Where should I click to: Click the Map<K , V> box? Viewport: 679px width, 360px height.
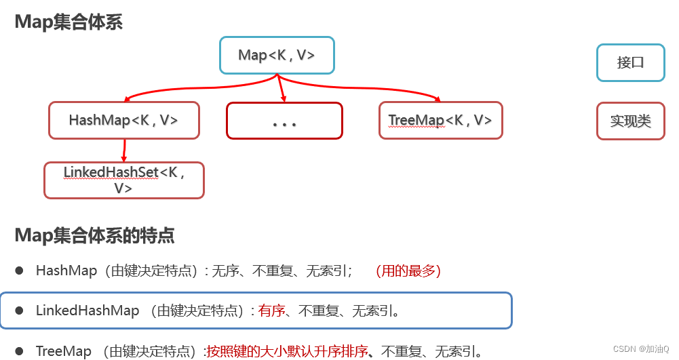tap(277, 55)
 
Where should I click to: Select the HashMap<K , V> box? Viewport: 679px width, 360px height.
tap(123, 120)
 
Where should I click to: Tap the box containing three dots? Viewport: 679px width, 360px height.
tap(284, 121)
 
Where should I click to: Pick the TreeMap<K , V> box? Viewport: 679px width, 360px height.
tap(440, 120)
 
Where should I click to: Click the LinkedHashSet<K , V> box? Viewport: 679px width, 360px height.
tap(123, 180)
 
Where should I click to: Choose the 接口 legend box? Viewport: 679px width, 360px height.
tap(630, 62)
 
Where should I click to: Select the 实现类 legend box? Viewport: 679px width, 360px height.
tap(630, 121)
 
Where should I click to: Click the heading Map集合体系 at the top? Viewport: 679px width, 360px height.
tap(69, 22)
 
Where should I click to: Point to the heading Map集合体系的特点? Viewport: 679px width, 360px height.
tap(94, 235)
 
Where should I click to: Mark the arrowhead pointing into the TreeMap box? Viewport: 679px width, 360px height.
tap(437, 100)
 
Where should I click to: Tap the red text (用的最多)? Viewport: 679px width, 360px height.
tap(408, 271)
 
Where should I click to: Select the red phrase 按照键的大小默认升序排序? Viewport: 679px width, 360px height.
tap(287, 351)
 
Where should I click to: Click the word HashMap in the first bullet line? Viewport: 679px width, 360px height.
tap(66, 271)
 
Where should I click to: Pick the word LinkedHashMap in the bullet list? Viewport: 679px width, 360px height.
tap(88, 311)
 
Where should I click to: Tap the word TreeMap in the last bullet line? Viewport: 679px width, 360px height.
tap(64, 351)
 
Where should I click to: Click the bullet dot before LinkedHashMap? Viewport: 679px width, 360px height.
tap(20, 311)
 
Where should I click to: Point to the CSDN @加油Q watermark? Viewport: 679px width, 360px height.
tap(640, 348)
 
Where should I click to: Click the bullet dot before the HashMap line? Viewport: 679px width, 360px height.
tap(20, 271)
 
